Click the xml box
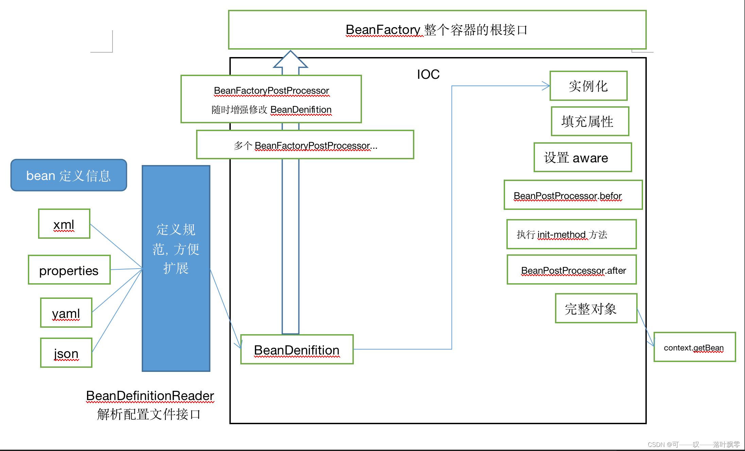(x=64, y=224)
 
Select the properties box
(x=69, y=270)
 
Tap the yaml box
(x=66, y=313)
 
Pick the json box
(x=66, y=353)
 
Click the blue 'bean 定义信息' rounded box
(x=69, y=175)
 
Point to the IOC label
(x=428, y=74)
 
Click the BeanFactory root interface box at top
(x=437, y=30)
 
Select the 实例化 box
(x=588, y=86)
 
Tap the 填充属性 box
(x=590, y=121)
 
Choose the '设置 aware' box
(x=583, y=158)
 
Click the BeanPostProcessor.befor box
(x=573, y=195)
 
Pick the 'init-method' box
(x=571, y=234)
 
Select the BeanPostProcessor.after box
(x=572, y=270)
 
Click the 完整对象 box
(x=596, y=308)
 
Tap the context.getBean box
(x=694, y=347)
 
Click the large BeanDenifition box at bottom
(x=297, y=350)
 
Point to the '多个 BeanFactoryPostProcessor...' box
(x=305, y=145)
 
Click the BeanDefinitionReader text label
(x=150, y=396)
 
